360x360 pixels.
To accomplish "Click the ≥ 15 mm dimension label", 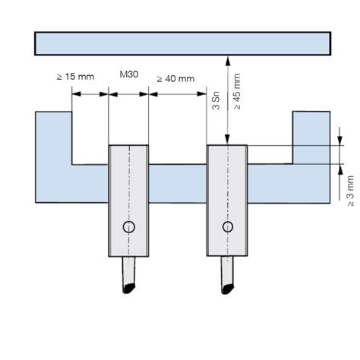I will coord(74,77).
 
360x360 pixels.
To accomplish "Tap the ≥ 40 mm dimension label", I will coord(175,77).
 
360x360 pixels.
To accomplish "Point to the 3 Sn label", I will coord(214,103).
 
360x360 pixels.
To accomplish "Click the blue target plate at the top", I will coord(182,43).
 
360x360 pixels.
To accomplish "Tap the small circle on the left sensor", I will coord(129,227).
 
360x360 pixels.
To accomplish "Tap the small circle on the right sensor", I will coord(227,227).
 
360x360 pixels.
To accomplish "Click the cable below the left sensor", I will coord(127,276).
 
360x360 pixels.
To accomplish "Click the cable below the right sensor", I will coord(226,276).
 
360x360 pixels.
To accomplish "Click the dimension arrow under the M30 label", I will coord(128,94).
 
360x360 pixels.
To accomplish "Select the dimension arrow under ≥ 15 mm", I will coord(90,94).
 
